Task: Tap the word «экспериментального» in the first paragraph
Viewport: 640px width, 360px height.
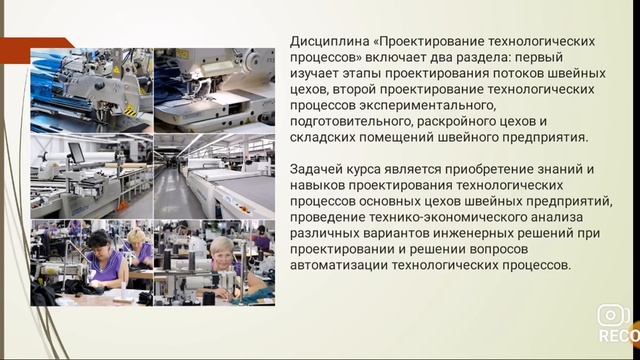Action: coord(433,106)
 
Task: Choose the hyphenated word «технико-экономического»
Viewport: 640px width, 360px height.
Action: coord(454,219)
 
